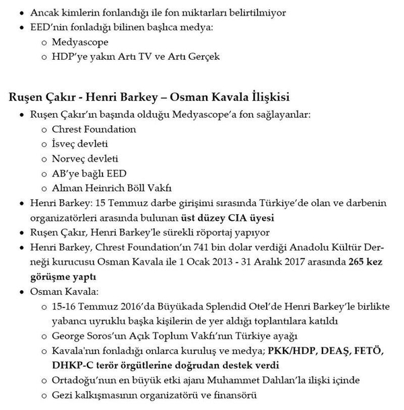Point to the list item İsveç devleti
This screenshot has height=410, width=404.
tap(80, 143)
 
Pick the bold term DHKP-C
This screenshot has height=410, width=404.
tap(73, 366)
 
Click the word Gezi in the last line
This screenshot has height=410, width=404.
tap(63, 395)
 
